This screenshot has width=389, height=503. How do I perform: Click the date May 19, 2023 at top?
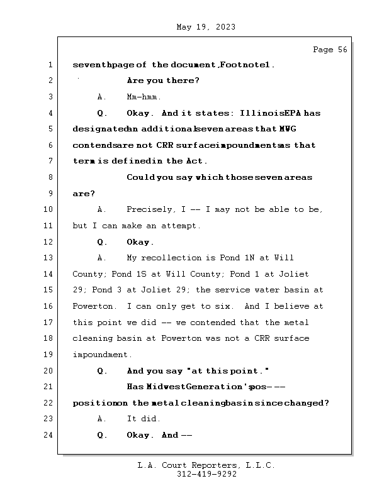point(206,27)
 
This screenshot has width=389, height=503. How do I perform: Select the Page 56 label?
point(330,50)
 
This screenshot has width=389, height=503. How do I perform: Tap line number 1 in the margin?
point(50,65)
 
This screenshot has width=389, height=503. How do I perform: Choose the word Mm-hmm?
point(144,97)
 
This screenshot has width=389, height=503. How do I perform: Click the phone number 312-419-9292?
point(206,475)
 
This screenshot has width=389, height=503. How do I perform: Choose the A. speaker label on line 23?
point(101,419)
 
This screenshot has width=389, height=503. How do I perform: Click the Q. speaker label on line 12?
point(102,242)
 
